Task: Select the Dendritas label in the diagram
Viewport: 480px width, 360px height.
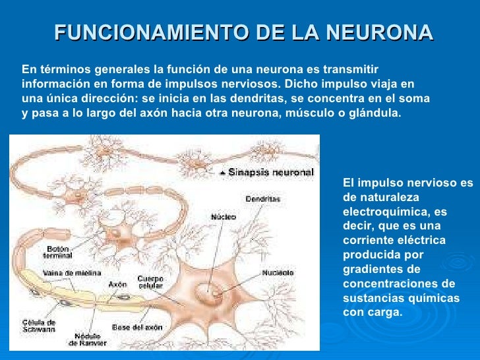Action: click(262, 198)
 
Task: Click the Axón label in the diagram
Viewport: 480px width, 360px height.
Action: click(117, 285)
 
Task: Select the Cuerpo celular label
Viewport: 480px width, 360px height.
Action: click(151, 282)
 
